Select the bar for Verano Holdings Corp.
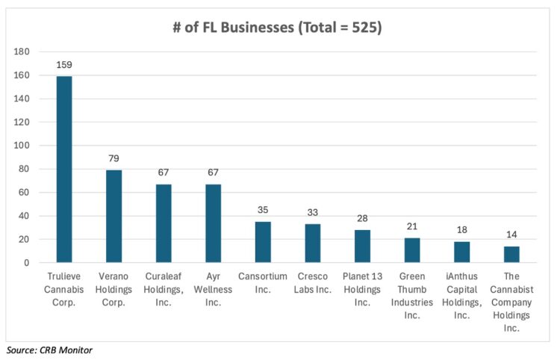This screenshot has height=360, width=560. tap(113, 216)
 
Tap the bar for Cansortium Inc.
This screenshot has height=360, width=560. tap(263, 242)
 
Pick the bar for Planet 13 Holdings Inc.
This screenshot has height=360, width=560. tap(362, 246)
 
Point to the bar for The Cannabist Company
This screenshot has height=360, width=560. tap(511, 254)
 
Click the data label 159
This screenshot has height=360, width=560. tap(64, 66)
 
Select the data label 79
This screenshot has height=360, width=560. tap(113, 159)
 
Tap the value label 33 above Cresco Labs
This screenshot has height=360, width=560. tap(313, 214)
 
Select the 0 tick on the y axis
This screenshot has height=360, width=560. tap(27, 263)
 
